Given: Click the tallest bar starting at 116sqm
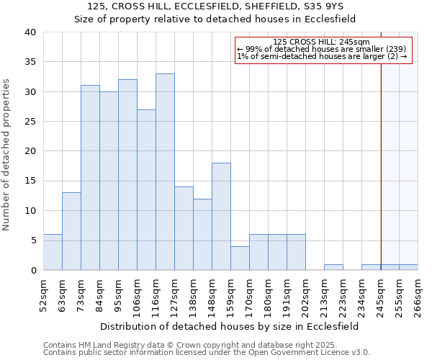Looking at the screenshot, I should (x=165, y=172).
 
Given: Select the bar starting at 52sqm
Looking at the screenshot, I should (x=53, y=252).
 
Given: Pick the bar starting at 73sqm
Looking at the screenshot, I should (x=90, y=178).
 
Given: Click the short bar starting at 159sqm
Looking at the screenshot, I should (x=240, y=258).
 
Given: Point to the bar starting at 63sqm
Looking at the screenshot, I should (x=71, y=231).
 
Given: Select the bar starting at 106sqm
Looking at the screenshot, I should (x=146, y=190).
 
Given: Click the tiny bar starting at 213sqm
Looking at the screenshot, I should (x=333, y=267).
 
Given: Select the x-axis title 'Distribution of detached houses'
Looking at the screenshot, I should (x=230, y=326).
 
